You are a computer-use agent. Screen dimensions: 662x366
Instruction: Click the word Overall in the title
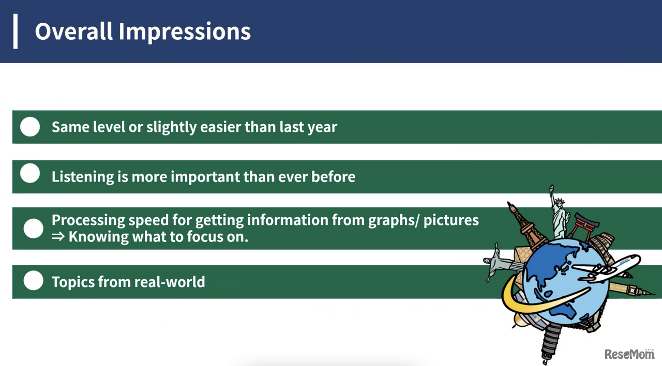click(74, 32)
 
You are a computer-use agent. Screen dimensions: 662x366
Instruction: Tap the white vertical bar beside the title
click(16, 32)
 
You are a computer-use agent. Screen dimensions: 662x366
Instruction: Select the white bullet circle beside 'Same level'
click(30, 127)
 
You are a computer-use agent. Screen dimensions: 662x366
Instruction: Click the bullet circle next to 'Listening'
click(30, 173)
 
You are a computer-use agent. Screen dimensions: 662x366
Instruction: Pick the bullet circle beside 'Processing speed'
click(34, 228)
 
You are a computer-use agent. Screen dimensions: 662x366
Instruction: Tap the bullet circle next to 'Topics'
click(34, 280)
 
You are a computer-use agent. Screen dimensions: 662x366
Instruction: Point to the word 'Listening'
click(83, 177)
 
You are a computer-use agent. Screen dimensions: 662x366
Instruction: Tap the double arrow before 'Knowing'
click(58, 236)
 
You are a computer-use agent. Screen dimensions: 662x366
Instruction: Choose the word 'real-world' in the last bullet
click(169, 282)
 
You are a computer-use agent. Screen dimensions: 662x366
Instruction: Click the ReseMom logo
click(630, 354)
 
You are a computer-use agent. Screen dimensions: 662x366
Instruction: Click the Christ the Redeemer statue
click(500, 262)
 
